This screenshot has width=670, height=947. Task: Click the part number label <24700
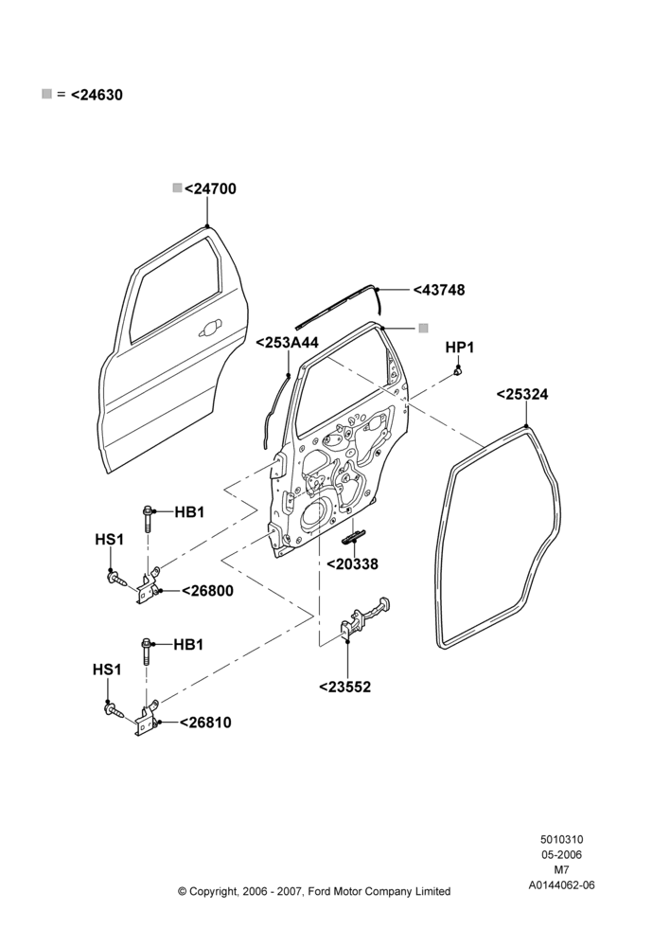click(x=210, y=189)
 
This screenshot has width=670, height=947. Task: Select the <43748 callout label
click(x=439, y=290)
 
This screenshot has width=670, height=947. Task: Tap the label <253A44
click(x=288, y=343)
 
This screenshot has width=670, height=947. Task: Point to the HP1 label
click(x=459, y=348)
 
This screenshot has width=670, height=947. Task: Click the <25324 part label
click(x=522, y=394)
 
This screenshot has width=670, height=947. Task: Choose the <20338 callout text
click(x=352, y=564)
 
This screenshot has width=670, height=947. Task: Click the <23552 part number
click(x=344, y=687)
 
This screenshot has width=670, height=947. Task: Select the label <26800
click(x=207, y=591)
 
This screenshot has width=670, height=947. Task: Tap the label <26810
click(x=206, y=723)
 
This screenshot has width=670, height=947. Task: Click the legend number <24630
click(x=97, y=95)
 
